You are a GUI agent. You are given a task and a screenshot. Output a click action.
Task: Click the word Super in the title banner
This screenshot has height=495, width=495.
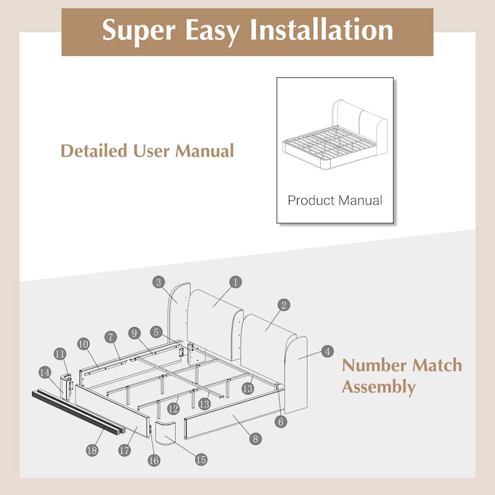[x=139, y=31]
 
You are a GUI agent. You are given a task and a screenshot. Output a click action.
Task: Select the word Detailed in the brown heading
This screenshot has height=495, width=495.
[x=94, y=150]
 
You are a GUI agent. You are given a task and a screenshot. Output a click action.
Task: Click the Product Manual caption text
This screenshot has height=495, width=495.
[x=335, y=200]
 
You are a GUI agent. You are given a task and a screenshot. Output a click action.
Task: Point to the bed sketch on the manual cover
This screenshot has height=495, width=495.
[x=335, y=134]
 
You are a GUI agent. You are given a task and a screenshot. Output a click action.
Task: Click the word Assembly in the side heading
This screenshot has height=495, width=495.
[x=379, y=387]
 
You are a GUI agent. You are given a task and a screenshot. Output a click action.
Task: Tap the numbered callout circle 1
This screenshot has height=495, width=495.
[x=235, y=282]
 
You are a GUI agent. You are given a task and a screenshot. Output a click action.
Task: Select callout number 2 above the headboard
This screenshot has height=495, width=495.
[x=283, y=304]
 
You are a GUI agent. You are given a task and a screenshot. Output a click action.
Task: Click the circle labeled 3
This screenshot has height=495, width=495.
[x=158, y=282]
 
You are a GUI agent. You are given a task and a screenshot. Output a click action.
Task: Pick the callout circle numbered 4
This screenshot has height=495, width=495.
[x=327, y=351]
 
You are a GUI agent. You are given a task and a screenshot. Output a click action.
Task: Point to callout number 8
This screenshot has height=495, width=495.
[x=255, y=439]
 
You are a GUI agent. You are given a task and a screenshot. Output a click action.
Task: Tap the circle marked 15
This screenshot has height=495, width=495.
[x=201, y=459]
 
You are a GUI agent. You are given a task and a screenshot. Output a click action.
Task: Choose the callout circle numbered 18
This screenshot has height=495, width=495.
[x=92, y=450]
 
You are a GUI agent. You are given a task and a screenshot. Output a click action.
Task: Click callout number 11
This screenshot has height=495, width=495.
[x=60, y=354]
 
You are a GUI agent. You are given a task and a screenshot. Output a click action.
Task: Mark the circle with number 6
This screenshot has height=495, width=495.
[x=281, y=421]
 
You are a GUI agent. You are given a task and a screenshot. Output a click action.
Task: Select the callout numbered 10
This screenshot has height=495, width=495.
[x=84, y=344]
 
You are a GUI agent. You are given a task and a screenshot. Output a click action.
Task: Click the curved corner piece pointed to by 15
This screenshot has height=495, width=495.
[x=166, y=432]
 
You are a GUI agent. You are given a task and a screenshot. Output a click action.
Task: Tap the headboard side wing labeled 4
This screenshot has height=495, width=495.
[x=296, y=375]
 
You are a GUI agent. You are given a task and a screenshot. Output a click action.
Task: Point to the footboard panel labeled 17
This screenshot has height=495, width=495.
[x=112, y=411]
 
